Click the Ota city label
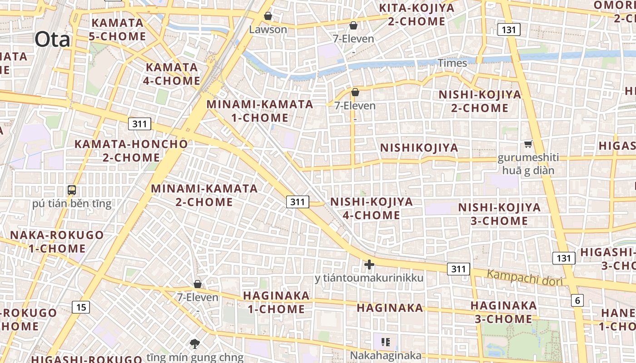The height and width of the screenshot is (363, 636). point(52,39)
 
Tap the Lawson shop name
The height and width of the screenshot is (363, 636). point(268,29)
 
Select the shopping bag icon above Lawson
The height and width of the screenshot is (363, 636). point(268,16)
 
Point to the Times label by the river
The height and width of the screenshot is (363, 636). point(452,63)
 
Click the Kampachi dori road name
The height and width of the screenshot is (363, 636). point(525,277)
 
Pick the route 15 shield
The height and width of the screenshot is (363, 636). point(81,307)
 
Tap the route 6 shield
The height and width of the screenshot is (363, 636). point(577,300)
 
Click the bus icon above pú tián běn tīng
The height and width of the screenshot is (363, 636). point(72,190)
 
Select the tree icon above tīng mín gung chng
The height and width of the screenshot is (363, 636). point(195,343)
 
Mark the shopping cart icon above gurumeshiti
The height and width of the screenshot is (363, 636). point(528,144)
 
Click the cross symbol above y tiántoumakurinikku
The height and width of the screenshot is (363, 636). point(369,265)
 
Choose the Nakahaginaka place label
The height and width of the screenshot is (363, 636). point(385,355)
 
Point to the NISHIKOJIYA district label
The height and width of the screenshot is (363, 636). point(419,148)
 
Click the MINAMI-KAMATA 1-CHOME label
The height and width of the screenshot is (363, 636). point(260,111)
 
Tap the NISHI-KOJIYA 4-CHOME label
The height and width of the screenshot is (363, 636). point(372,208)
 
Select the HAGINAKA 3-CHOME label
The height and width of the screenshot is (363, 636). point(503,312)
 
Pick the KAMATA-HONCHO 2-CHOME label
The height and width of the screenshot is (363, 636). point(131,151)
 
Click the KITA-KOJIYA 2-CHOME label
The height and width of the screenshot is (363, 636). point(417,15)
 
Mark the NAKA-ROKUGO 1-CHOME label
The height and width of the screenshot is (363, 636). point(57,241)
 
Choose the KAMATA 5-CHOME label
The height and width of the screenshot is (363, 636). point(117,29)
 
